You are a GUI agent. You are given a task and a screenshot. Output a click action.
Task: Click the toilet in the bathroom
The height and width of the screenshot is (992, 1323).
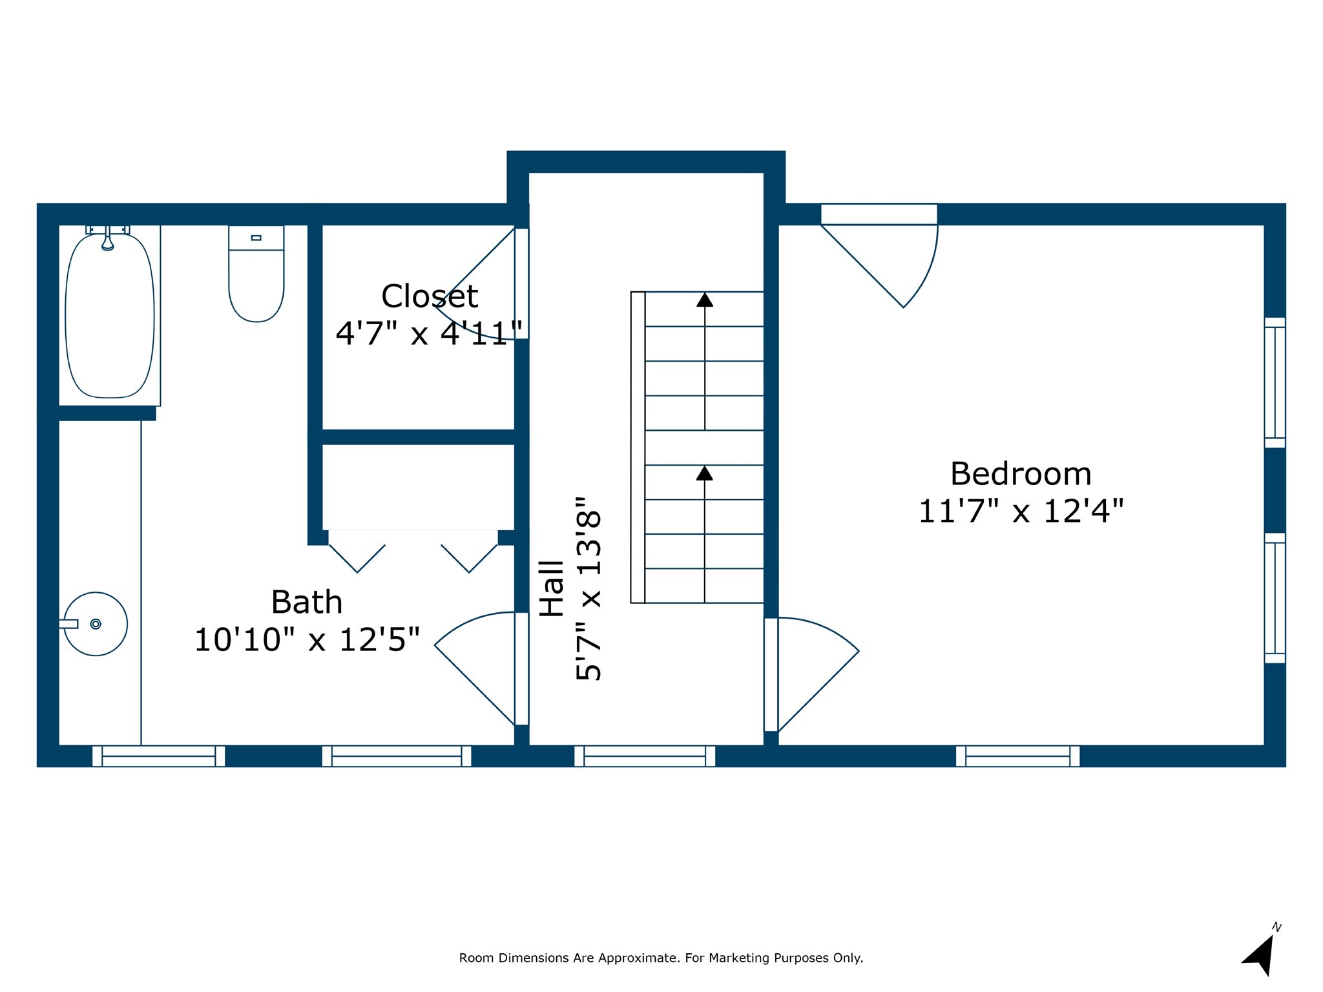[256, 278]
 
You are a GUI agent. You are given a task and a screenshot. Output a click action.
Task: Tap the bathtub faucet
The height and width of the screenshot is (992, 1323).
[108, 240]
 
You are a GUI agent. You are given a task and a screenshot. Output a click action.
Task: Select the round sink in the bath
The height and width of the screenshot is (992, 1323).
[96, 624]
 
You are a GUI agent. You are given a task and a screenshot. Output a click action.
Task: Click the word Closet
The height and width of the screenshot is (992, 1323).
[430, 297]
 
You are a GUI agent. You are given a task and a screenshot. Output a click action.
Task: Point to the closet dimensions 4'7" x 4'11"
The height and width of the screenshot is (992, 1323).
[429, 334]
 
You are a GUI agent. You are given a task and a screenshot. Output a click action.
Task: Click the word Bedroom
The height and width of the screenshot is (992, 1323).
[1021, 474]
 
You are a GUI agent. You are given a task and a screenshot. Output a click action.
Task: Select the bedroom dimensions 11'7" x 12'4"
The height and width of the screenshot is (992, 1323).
[1021, 512]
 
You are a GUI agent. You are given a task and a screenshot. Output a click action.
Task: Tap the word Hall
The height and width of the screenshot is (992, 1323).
[552, 588]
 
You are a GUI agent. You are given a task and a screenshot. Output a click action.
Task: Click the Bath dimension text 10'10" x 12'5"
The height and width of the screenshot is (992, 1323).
[307, 640]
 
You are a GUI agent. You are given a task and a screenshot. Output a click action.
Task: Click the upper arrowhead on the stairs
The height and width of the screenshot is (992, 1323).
[705, 300]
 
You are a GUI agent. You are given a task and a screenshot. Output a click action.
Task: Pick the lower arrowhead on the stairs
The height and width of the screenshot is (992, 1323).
[705, 473]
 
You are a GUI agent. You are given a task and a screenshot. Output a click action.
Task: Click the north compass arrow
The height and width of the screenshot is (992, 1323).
[1260, 956]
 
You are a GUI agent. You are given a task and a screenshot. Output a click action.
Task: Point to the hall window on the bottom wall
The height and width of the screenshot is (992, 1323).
[645, 756]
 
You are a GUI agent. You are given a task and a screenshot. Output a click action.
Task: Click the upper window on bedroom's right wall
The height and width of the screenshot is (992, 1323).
[1275, 382]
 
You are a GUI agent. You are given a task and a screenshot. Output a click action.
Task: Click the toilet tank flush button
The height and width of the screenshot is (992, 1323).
[256, 238]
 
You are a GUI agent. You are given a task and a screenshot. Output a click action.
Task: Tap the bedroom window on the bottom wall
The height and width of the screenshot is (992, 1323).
[1017, 756]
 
